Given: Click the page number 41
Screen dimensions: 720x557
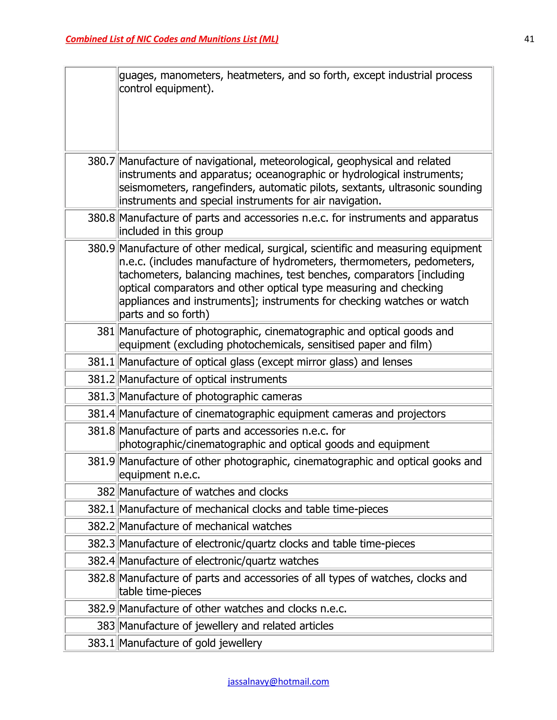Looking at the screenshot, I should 529,39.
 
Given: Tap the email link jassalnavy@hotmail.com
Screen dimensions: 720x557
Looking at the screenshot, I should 278,681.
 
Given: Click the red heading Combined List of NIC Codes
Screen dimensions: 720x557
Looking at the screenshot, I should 172,39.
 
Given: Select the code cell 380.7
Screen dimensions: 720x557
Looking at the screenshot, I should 101,161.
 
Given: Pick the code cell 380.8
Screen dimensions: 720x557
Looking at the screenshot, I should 101,218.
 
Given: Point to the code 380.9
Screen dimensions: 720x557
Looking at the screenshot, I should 101,248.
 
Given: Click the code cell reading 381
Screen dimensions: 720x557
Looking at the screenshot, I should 106,331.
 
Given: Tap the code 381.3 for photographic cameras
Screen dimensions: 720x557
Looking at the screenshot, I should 101,396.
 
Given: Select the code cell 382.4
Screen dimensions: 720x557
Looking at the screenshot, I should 101,561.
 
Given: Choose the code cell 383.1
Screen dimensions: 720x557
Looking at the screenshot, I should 101,643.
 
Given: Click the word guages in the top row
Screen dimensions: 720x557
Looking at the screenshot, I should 138,76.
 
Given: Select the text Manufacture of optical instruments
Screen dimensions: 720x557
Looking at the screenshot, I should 203,379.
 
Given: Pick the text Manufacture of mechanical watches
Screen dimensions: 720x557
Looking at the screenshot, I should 205,526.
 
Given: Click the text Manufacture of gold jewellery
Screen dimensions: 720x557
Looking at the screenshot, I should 190,643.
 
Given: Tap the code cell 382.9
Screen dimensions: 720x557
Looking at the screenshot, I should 101,608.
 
